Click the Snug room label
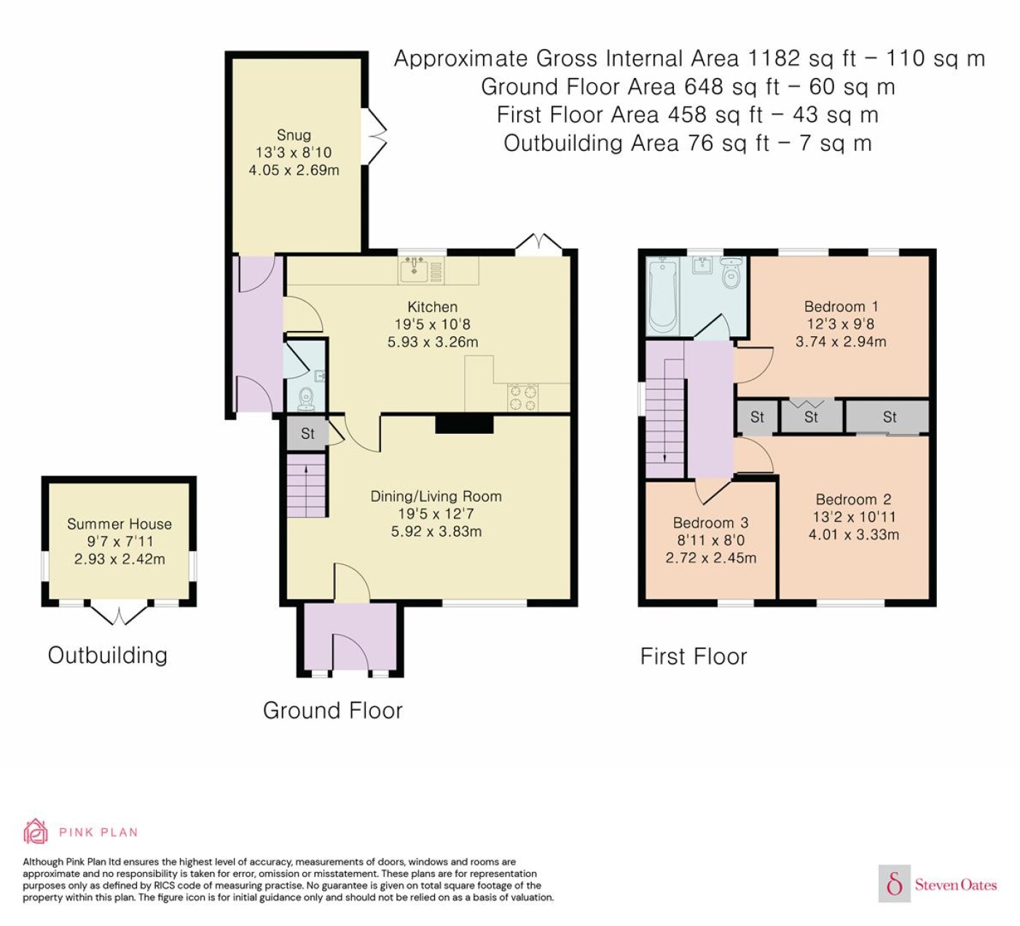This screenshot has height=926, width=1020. (x=294, y=135)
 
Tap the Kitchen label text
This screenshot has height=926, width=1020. (x=432, y=307)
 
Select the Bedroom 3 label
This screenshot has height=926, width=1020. (x=710, y=523)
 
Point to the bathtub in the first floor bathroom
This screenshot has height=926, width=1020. (x=662, y=295)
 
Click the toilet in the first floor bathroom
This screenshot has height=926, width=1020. (x=731, y=273)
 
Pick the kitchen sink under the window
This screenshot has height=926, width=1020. (x=414, y=270)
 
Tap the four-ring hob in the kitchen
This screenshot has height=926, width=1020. (x=523, y=398)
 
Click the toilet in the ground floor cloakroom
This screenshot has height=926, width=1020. (x=306, y=400)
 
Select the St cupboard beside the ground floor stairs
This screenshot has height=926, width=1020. (x=307, y=433)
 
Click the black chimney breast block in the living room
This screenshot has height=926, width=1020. (x=464, y=424)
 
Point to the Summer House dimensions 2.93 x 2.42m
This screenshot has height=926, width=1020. (x=119, y=559)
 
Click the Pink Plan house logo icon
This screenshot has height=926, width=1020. (x=36, y=832)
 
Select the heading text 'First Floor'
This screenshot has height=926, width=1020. (x=694, y=657)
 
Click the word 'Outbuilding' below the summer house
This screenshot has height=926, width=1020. (x=108, y=655)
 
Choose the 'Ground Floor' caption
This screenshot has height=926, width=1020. (x=332, y=711)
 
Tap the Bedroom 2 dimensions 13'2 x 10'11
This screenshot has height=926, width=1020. (x=853, y=517)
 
